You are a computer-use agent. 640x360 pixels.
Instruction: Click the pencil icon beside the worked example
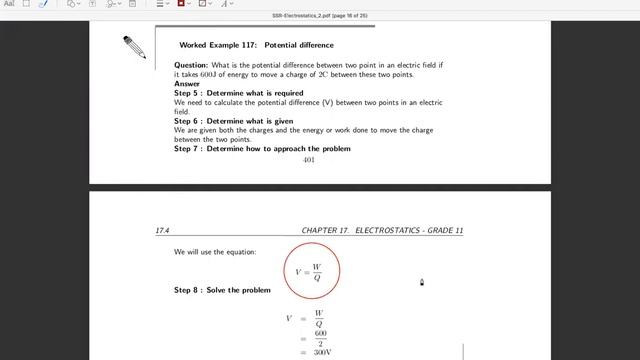[134, 46]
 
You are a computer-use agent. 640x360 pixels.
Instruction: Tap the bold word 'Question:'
[191, 65]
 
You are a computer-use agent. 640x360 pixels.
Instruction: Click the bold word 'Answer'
[187, 84]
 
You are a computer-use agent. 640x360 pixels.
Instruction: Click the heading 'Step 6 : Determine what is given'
[233, 121]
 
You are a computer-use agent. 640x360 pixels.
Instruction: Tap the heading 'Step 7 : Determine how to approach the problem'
[262, 149]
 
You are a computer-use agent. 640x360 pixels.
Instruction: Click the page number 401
[308, 159]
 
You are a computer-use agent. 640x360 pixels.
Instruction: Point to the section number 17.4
[162, 231]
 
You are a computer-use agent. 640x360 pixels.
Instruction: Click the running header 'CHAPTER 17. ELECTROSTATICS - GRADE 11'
[382, 231]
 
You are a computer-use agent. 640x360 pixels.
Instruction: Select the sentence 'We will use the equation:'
[215, 252]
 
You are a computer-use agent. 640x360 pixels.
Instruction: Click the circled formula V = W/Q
[311, 271]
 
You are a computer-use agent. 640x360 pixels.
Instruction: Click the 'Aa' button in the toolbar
[10, 4]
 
